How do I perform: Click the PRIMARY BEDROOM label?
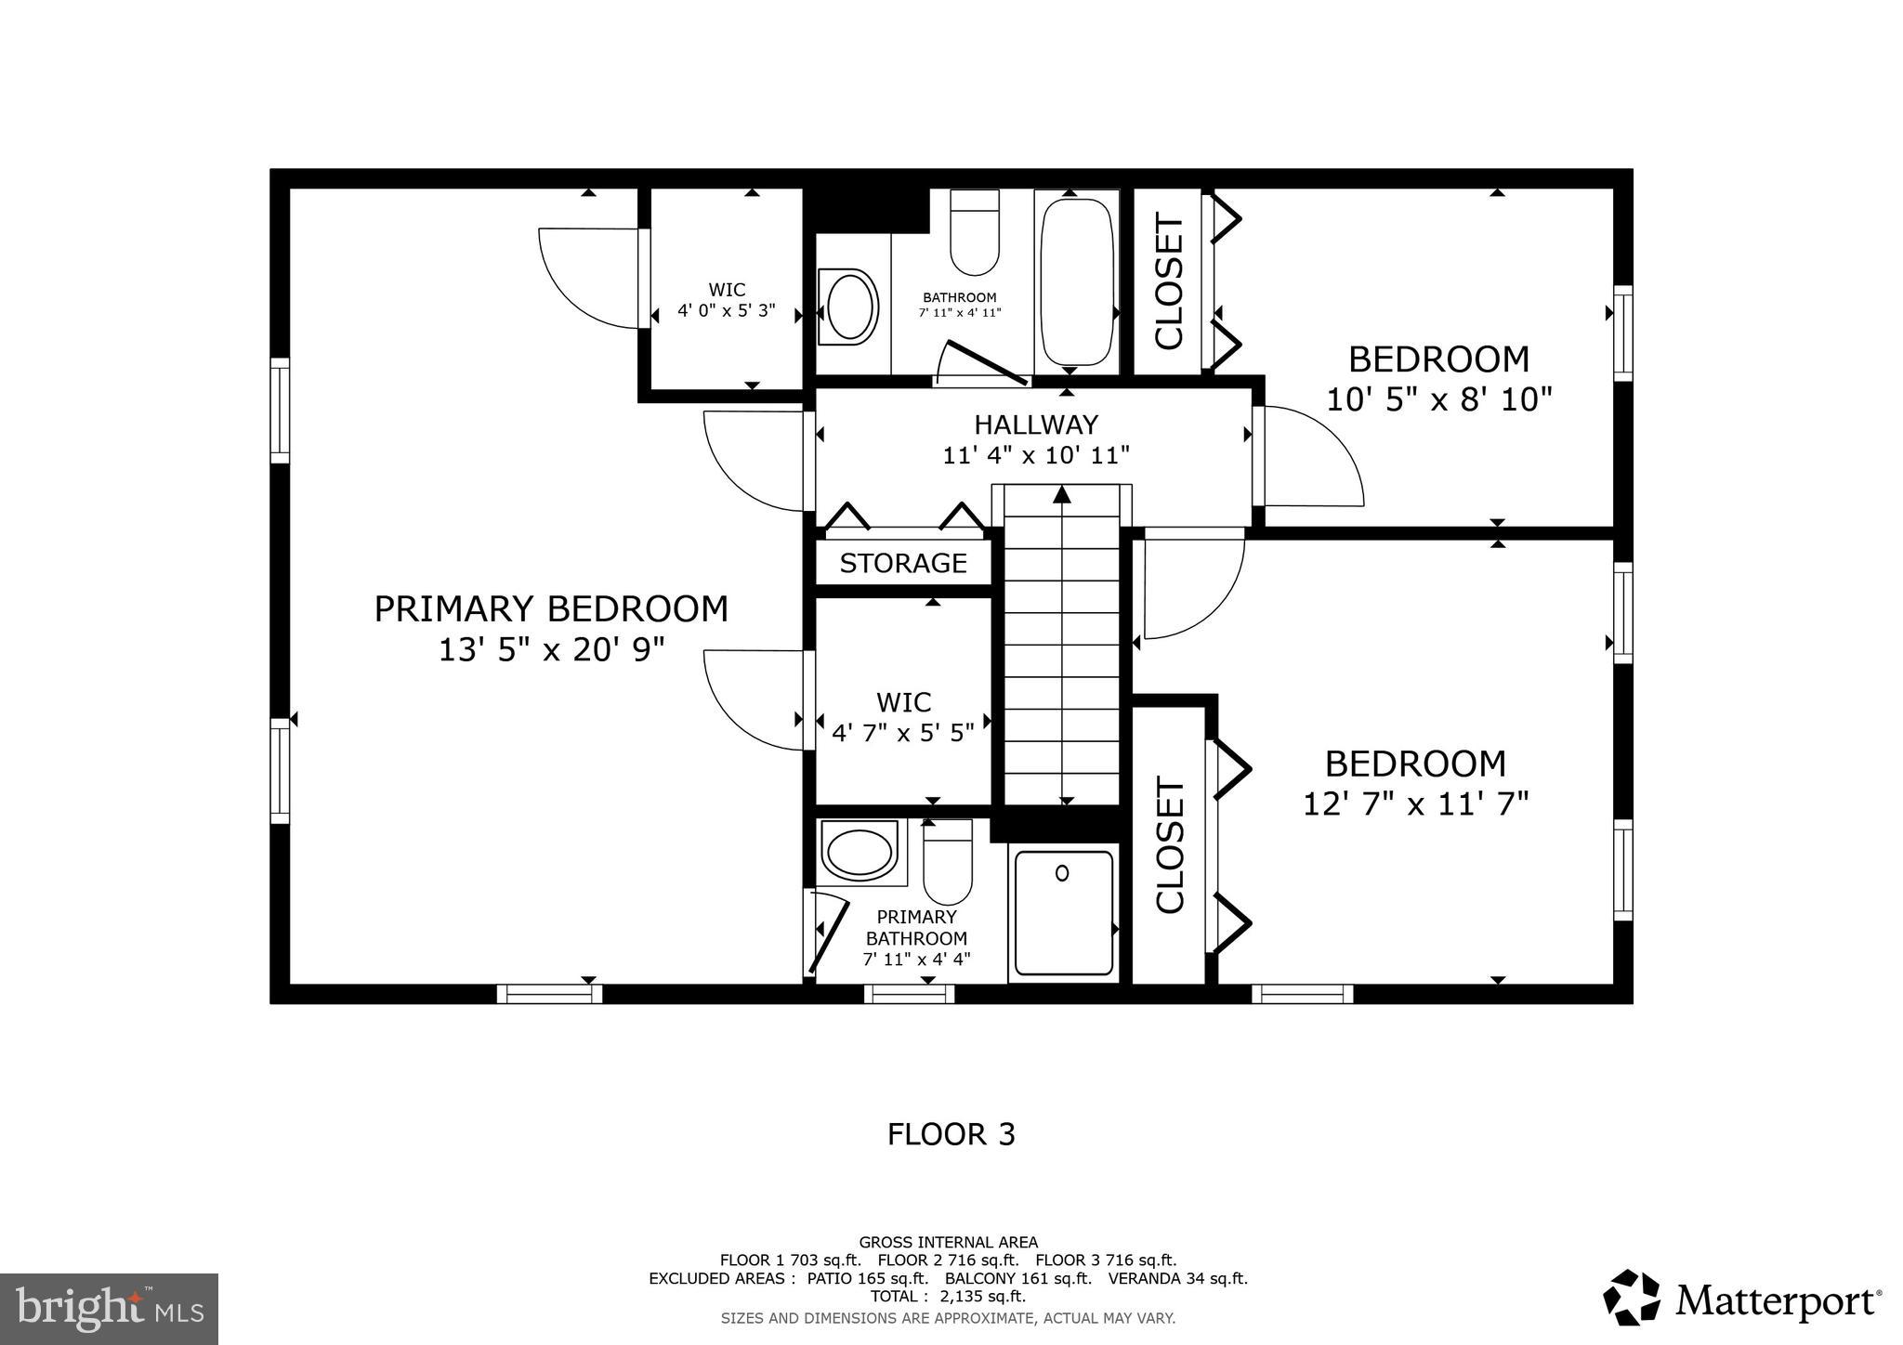551,609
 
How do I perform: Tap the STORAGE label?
903,563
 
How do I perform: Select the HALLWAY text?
1036,424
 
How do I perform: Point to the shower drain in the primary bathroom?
1062,872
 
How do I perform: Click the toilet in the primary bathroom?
948,861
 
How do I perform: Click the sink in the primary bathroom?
859,852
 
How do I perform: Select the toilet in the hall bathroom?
975,232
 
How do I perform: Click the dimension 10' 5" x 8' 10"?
1438,399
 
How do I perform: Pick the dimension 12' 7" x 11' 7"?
1415,803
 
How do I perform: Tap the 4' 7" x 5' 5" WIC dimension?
903,733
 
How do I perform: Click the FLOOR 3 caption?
951,1134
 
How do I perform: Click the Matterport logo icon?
1631,1298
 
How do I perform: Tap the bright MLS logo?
110,1309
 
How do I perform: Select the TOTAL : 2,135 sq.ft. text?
948,1296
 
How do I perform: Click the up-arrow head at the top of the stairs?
1062,494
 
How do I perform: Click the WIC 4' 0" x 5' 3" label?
726,301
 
